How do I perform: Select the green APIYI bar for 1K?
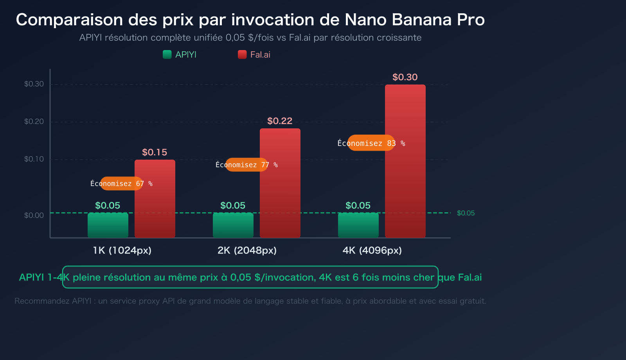108,225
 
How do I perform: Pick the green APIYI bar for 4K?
358,225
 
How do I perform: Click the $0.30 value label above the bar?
405,77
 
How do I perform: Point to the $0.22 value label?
280,121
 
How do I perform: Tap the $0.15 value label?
155,152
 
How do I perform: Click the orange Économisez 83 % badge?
371,143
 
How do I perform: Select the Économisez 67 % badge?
122,184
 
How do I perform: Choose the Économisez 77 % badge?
247,165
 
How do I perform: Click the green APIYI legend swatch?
167,54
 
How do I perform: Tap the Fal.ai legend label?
260,55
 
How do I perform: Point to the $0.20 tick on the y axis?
34,121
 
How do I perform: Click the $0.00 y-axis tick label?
34,215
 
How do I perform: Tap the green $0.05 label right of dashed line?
466,213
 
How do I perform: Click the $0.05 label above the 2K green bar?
233,205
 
